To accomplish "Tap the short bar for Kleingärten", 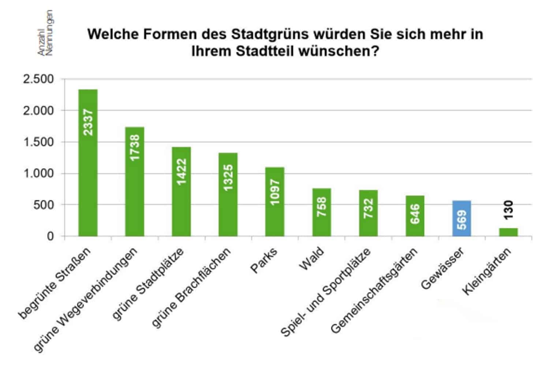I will (509, 232).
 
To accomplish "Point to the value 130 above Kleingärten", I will (509, 210).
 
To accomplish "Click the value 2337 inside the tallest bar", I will (88, 122).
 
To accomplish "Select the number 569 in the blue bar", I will (462, 220).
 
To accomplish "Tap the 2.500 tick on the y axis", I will (38, 79).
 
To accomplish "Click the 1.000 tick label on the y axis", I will (38, 174).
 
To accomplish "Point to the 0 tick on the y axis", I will (50, 236).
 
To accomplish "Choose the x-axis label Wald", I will (312, 259).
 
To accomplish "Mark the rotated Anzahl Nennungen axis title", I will (46, 33).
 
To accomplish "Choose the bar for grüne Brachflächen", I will (228, 195).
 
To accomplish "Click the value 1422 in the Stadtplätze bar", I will (182, 172).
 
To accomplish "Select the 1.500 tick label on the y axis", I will (38, 142).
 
